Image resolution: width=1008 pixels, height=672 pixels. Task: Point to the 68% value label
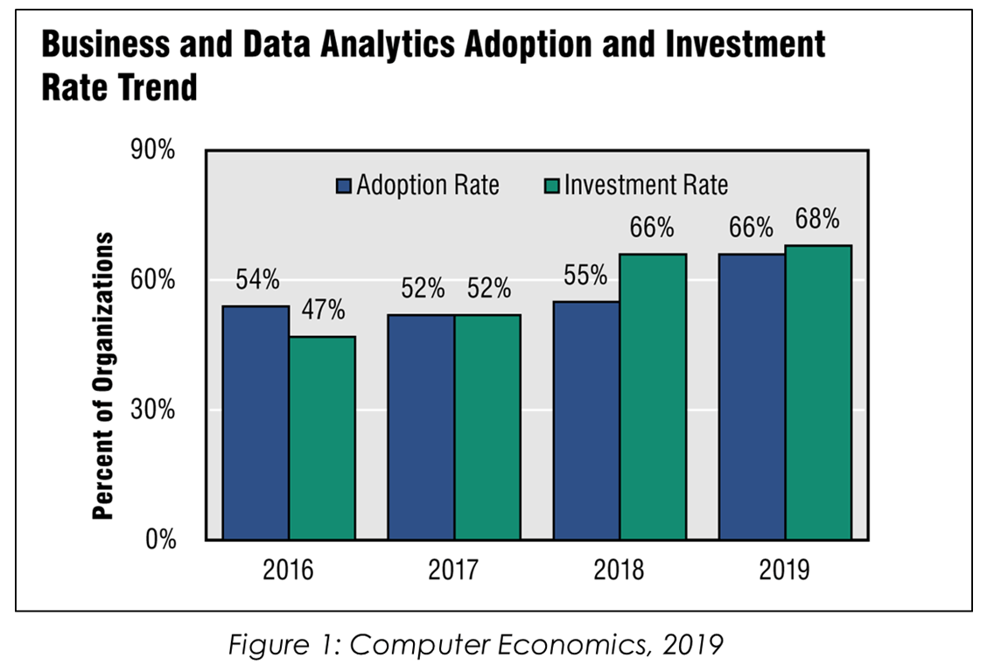[817, 218]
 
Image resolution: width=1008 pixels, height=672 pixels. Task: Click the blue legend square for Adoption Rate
[344, 185]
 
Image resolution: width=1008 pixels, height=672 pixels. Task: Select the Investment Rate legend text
[646, 185]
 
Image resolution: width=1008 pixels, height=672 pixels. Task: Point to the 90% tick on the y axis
[154, 150]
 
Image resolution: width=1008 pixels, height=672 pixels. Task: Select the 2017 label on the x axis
[453, 571]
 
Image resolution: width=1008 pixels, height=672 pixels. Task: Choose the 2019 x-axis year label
[784, 571]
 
